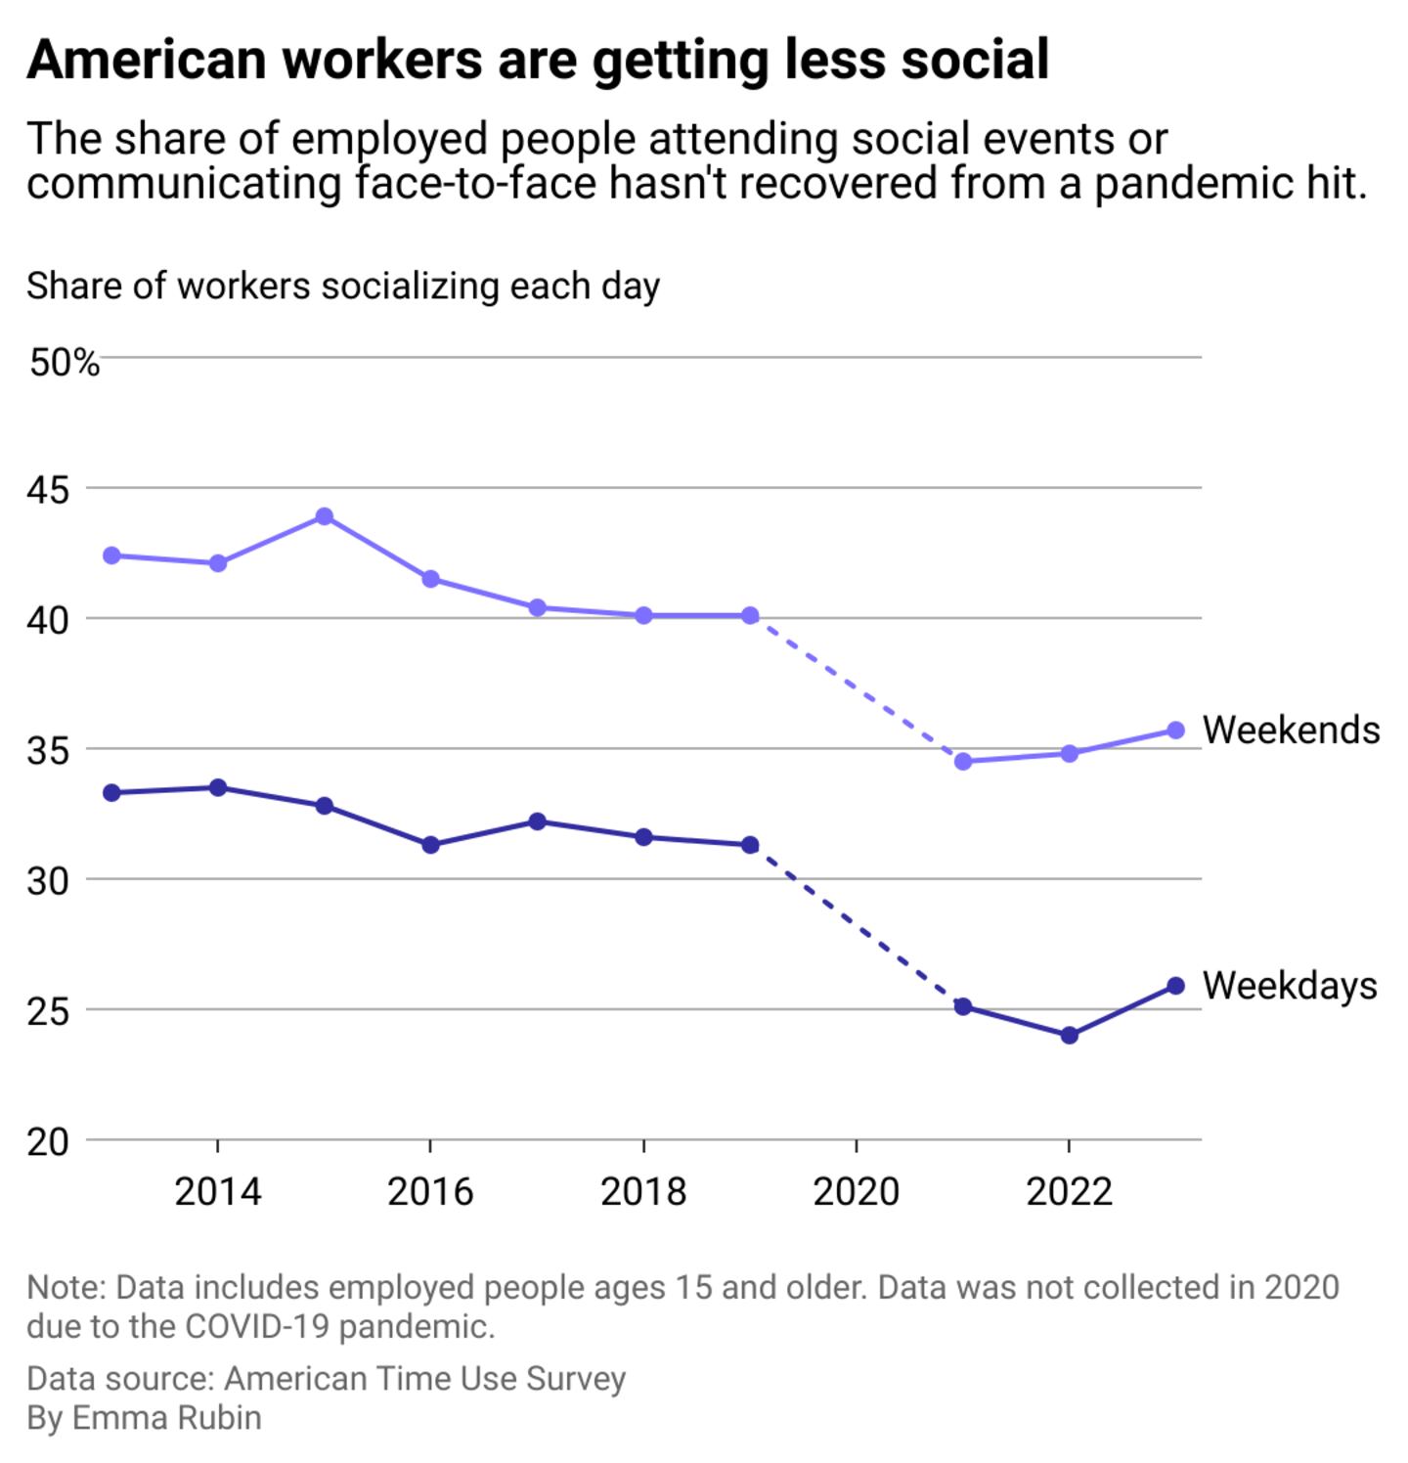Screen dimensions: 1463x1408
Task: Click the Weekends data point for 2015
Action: pyautogui.click(x=325, y=516)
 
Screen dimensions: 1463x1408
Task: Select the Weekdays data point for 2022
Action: pyautogui.click(x=1069, y=1035)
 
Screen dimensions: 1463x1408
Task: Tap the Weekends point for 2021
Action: pyautogui.click(x=963, y=761)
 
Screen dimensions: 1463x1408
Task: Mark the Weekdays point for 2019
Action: pyautogui.click(x=750, y=845)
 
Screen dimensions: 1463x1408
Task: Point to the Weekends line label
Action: pyautogui.click(x=1291, y=731)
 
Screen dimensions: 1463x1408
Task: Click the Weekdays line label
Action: pyautogui.click(x=1290, y=986)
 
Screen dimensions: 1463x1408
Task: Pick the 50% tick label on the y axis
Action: pyautogui.click(x=65, y=363)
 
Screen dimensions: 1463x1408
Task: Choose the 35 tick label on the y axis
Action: pyautogui.click(x=49, y=750)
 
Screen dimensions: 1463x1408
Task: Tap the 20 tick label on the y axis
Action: pyautogui.click(x=49, y=1141)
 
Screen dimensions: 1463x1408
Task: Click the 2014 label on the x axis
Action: pyautogui.click(x=217, y=1192)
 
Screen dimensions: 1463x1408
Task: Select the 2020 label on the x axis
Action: pyautogui.click(x=857, y=1192)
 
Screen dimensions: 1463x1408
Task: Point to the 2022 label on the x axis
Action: pyautogui.click(x=1069, y=1192)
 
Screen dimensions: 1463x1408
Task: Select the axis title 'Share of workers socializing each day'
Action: pyautogui.click(x=343, y=287)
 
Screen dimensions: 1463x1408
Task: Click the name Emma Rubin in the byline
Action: pyautogui.click(x=166, y=1417)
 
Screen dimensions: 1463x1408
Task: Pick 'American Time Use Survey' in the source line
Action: pyautogui.click(x=424, y=1378)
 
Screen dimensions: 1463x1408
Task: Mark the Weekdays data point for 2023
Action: pyautogui.click(x=1175, y=986)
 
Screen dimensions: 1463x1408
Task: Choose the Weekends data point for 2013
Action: pyautogui.click(x=111, y=555)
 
